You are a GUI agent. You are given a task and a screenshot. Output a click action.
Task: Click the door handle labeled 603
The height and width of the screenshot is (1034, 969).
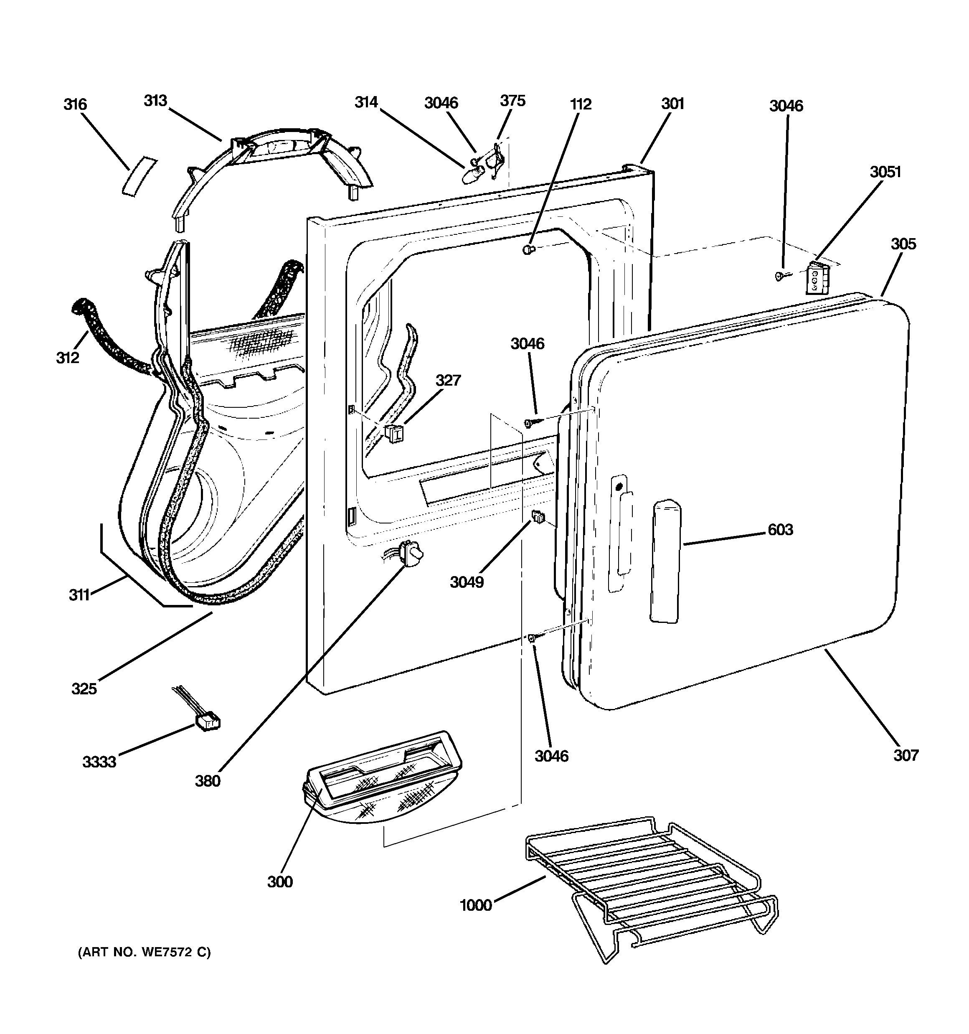[665, 562]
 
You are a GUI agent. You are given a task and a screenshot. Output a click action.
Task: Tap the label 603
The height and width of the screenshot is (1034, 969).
[780, 530]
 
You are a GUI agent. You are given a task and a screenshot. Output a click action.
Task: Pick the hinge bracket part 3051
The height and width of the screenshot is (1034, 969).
[817, 278]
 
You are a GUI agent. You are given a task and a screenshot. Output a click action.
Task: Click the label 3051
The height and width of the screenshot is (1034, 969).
[885, 172]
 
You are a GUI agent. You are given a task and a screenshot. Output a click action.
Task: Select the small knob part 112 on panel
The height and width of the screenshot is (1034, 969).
[528, 250]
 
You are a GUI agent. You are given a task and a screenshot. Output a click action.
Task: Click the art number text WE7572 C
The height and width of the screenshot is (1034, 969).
[144, 953]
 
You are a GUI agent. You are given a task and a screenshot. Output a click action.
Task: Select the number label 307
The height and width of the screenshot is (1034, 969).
[906, 755]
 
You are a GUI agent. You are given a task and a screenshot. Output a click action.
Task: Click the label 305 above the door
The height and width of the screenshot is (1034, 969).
[903, 244]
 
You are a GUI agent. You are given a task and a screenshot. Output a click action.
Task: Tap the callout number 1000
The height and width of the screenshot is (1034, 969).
[475, 905]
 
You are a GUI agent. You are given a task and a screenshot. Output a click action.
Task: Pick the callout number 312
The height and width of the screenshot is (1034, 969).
[68, 358]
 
